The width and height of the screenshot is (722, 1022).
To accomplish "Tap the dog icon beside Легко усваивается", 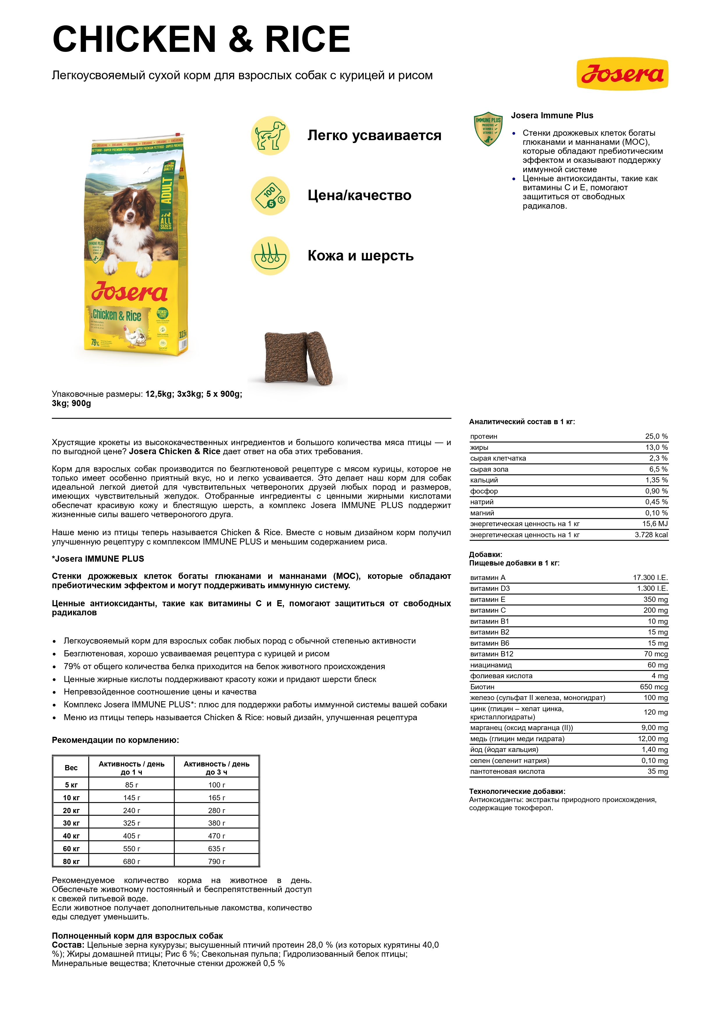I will (x=270, y=135).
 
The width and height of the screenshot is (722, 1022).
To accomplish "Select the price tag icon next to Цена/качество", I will (x=270, y=196).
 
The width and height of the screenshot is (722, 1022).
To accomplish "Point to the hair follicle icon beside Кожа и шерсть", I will (x=270, y=256).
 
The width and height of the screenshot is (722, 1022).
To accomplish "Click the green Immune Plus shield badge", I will (x=488, y=129).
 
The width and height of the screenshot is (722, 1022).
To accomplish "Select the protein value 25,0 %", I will (x=656, y=436).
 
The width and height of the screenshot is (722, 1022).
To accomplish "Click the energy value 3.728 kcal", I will (x=651, y=535).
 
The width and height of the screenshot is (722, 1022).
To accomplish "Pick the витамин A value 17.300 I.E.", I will (x=650, y=577).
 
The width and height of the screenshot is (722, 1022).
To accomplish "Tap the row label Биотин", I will (x=482, y=687).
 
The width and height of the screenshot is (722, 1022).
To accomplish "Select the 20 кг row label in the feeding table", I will (x=71, y=810).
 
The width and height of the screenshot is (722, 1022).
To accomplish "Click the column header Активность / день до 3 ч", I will (x=217, y=768).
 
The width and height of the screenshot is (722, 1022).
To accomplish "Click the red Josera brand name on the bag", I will (x=129, y=292).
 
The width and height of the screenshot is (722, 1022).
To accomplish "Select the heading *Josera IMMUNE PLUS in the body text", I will (x=98, y=558).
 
